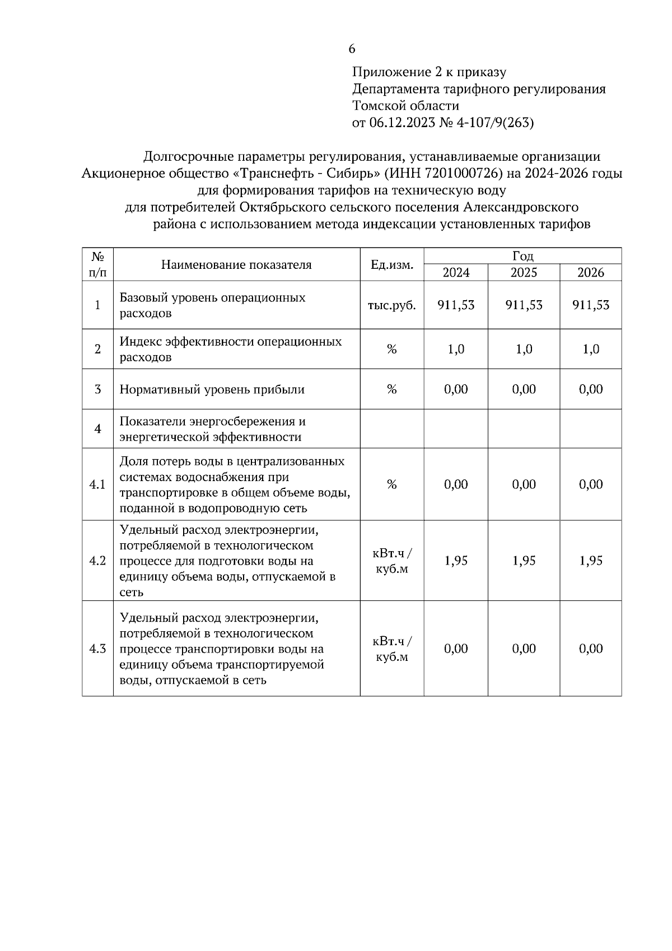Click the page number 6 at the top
point(352,49)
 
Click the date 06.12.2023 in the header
point(402,123)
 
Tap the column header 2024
point(456,273)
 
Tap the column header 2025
point(524,273)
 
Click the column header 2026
point(591,273)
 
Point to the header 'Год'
point(522,256)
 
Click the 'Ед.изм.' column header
point(392,264)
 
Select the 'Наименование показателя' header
point(236,264)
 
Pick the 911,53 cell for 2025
point(524,305)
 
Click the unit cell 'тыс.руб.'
point(392,306)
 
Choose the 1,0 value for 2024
point(456,349)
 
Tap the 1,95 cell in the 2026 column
point(591,561)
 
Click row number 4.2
point(97,561)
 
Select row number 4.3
point(97,649)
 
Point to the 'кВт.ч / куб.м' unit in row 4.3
point(392,649)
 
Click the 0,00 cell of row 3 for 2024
point(456,389)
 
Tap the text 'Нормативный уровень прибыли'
point(212,389)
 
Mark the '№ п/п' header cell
point(97,264)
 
